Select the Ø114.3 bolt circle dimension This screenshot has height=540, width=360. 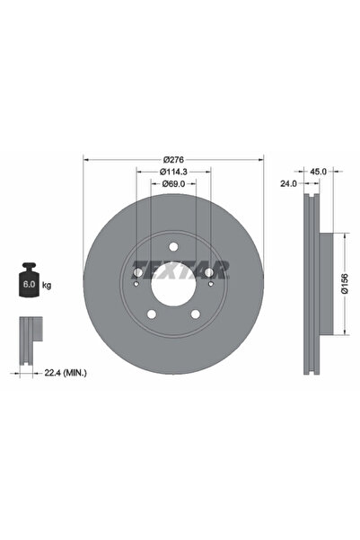(173, 172)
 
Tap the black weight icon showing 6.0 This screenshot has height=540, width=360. (28, 281)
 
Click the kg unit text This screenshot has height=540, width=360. (47, 286)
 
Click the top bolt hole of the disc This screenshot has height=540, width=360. (173, 250)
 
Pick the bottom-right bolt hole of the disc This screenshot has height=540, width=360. (195, 314)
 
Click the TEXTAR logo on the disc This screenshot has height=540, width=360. (184, 268)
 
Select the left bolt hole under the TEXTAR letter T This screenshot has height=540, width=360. (137, 273)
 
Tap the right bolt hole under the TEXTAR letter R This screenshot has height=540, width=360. (210, 273)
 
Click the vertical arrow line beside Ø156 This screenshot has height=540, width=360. (344, 286)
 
